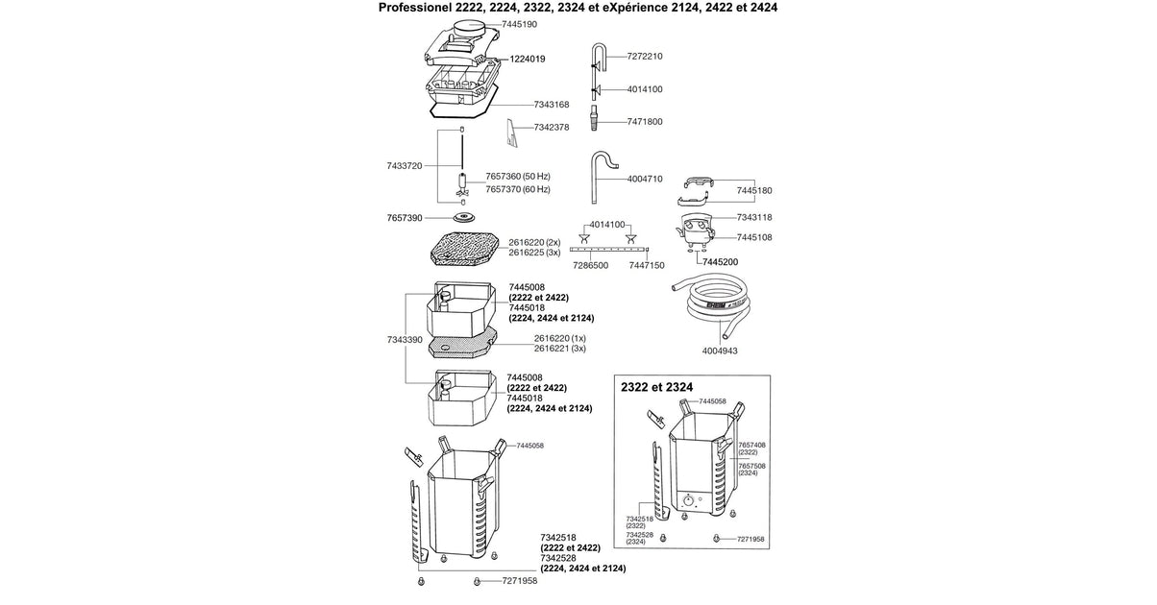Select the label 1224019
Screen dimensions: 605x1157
[x=527, y=59]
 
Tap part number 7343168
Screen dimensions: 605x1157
[x=553, y=105]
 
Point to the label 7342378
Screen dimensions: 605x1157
[x=552, y=127]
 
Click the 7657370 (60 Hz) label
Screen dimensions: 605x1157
[x=518, y=190]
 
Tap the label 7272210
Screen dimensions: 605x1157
[x=645, y=57]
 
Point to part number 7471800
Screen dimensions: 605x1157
[x=645, y=122]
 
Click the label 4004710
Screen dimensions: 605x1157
[x=645, y=179]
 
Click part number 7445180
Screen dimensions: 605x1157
[x=755, y=190]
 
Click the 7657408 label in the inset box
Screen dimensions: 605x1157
[x=751, y=446]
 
